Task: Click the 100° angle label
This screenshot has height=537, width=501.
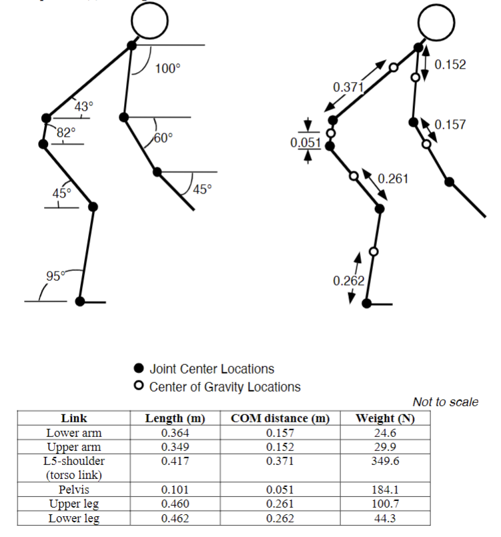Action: pyautogui.click(x=167, y=68)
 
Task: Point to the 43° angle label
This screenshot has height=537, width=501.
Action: pyautogui.click(x=83, y=106)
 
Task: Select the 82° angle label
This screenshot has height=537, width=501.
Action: pyautogui.click(x=65, y=132)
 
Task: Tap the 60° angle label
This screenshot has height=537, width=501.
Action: pyautogui.click(x=163, y=138)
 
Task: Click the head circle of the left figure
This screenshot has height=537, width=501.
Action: pyautogui.click(x=150, y=21)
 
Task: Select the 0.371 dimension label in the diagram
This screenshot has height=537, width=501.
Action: pyautogui.click(x=348, y=87)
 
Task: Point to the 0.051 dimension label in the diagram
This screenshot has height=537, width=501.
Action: pyautogui.click(x=306, y=143)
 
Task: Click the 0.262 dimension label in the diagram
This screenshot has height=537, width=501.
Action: pyautogui.click(x=348, y=281)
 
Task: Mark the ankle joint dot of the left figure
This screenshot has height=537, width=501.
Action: pyautogui.click(x=81, y=302)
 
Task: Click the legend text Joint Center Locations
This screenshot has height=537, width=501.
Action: pyautogui.click(x=211, y=369)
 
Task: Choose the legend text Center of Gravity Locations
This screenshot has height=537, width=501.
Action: pyautogui.click(x=225, y=387)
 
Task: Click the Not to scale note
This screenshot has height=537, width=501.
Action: pyautogui.click(x=445, y=402)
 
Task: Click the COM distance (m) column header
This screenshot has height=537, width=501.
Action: pyautogui.click(x=280, y=418)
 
